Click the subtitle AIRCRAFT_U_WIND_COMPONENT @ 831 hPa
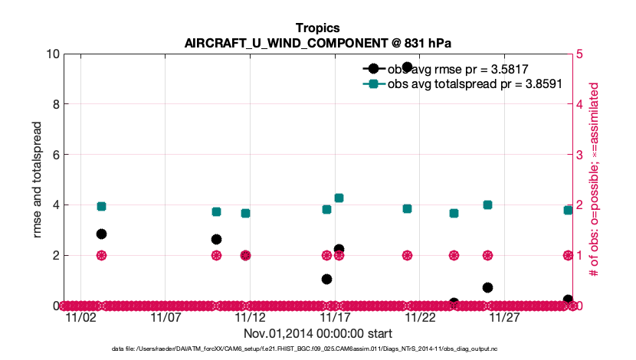pyautogui.click(x=317, y=42)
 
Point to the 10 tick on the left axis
pyautogui.click(x=53, y=54)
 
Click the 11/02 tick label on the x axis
pyautogui.click(x=80, y=317)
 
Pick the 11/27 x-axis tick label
pyautogui.click(x=504, y=317)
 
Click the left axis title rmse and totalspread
pyautogui.click(x=38, y=179)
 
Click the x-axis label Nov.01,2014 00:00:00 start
pyautogui.click(x=318, y=334)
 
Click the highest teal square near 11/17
pyautogui.click(x=339, y=198)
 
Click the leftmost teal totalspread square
pyautogui.click(x=101, y=206)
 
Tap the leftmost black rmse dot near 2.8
pyautogui.click(x=101, y=234)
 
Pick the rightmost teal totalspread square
pyautogui.click(x=568, y=210)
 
